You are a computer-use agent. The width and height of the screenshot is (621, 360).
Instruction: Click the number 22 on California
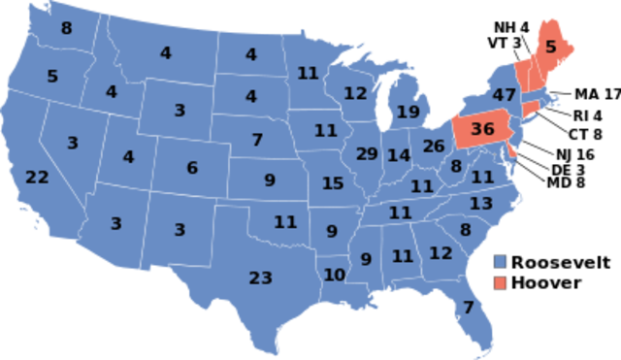click(37, 178)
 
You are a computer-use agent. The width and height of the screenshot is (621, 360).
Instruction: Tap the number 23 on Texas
click(260, 278)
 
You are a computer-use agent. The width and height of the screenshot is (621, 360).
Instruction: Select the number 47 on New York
click(503, 95)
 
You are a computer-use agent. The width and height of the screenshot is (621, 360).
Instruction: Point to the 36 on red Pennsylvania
click(481, 129)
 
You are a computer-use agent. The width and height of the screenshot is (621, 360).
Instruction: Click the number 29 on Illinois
click(366, 154)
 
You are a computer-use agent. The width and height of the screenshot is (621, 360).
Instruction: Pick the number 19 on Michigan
click(408, 113)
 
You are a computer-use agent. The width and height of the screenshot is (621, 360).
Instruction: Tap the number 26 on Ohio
click(433, 147)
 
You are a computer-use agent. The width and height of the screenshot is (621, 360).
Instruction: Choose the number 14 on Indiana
click(399, 155)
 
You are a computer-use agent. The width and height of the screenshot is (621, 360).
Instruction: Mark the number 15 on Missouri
click(333, 183)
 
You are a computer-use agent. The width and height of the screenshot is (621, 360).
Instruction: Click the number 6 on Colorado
click(192, 168)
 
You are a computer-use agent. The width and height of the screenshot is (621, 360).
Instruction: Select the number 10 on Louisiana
click(334, 275)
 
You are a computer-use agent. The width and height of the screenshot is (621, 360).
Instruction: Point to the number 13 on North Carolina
click(481, 204)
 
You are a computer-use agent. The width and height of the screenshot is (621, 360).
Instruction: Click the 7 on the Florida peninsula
click(468, 309)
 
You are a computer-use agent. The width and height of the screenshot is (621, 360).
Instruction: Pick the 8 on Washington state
click(66, 29)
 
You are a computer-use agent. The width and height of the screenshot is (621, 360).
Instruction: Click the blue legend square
click(500, 262)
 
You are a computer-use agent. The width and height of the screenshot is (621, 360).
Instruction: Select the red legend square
click(500, 282)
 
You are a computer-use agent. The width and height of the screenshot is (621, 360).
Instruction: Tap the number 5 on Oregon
click(52, 76)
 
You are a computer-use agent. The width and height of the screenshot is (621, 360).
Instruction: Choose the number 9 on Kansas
click(270, 180)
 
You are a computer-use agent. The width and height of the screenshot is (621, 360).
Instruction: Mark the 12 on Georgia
click(441, 253)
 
